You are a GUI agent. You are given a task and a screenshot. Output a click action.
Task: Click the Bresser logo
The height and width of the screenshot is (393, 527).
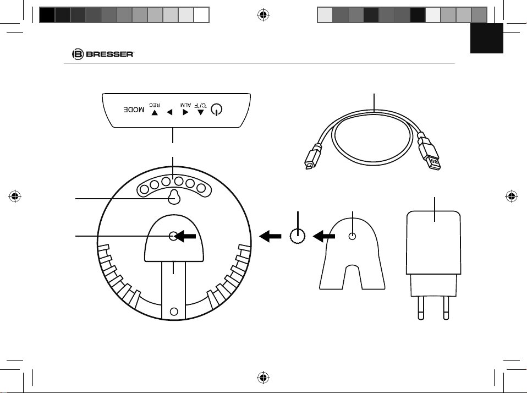click(x=103, y=54)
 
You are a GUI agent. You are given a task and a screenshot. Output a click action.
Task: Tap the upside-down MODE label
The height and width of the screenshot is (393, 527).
click(x=134, y=110)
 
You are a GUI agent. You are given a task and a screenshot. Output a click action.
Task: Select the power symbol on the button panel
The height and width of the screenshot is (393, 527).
click(x=216, y=110)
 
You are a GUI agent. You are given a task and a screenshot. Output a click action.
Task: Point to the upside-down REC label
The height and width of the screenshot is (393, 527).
click(x=155, y=105)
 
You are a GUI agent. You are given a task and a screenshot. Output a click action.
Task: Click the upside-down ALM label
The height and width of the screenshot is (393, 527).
click(x=185, y=105)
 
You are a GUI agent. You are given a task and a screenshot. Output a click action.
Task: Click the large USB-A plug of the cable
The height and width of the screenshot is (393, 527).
click(x=429, y=151)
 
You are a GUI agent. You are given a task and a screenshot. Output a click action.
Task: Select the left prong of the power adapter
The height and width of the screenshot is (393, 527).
click(x=420, y=307)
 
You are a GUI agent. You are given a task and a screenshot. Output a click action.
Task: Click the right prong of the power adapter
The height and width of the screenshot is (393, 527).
click(x=446, y=307)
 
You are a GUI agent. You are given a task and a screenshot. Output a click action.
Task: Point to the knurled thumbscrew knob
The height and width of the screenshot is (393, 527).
click(x=298, y=236)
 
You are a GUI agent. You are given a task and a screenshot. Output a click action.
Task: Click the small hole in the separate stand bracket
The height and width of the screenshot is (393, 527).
click(x=352, y=236)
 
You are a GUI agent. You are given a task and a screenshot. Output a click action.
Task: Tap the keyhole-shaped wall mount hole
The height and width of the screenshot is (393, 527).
click(x=174, y=197)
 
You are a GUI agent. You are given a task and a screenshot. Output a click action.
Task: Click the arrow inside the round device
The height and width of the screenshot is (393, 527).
click(x=185, y=236)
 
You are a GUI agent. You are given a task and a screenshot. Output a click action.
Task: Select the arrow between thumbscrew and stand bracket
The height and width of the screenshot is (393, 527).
click(x=324, y=236)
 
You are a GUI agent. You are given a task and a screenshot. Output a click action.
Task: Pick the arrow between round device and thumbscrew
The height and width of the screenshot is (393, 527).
click(x=270, y=236)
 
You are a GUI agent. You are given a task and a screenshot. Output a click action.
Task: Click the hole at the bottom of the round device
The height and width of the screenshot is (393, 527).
click(x=174, y=312)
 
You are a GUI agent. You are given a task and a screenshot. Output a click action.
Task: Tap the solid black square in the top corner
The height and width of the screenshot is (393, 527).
click(x=487, y=38)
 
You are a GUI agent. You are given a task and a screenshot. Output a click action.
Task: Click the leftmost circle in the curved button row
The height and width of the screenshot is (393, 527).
click(x=144, y=189)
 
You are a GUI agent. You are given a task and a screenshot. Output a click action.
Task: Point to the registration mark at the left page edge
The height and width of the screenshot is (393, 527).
click(x=15, y=196)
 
